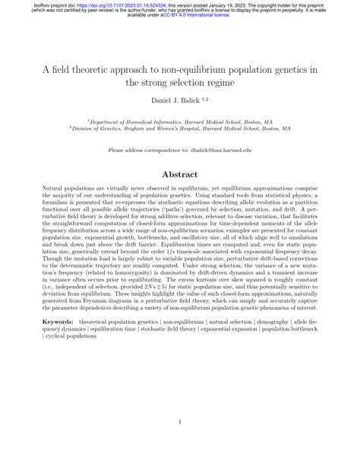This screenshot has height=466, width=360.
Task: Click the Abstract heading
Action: click(179, 173)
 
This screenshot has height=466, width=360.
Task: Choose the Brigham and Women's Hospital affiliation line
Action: click(179, 128)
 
